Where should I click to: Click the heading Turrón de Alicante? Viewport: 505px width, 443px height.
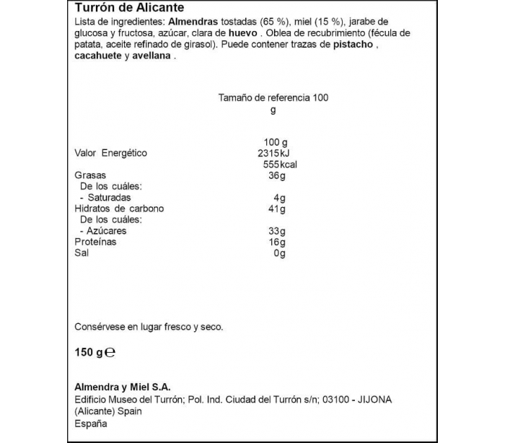click(x=129, y=8)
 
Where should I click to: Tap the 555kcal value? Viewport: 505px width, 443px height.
click(x=280, y=164)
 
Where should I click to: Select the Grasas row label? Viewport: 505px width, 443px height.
click(x=90, y=175)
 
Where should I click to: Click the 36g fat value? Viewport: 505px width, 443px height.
click(x=277, y=175)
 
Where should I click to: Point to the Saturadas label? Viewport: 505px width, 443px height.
click(x=109, y=198)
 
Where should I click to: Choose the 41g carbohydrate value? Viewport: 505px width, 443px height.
click(x=277, y=209)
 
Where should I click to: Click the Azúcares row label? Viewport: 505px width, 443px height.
click(x=107, y=231)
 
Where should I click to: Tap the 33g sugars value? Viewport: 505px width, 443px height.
click(x=277, y=231)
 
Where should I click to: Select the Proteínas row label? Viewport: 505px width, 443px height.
click(x=95, y=242)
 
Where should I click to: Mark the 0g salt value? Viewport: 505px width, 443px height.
click(x=280, y=253)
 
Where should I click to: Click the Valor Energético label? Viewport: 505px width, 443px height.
click(x=111, y=153)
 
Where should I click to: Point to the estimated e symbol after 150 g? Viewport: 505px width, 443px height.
click(x=111, y=354)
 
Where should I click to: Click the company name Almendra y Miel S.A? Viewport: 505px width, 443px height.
click(x=123, y=387)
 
